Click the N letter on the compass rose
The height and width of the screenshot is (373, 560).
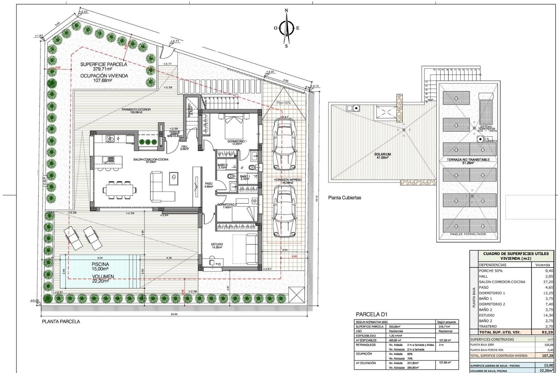[x=286, y=10]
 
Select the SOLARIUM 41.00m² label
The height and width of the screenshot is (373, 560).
[x=382, y=156]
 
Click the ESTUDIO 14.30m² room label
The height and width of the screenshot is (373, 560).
[x=217, y=246]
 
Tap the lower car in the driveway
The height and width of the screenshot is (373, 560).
[x=284, y=212]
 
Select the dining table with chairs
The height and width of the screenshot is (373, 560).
[x=119, y=190]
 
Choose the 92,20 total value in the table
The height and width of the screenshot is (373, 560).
[x=547, y=332]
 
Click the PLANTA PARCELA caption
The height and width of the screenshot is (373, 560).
[x=61, y=321]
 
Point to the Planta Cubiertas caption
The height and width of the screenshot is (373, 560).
[x=344, y=198]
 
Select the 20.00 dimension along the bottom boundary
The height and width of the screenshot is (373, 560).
[x=174, y=314]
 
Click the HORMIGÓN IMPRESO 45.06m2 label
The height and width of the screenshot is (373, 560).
[x=288, y=181]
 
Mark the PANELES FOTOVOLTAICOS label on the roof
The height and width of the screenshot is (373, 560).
[x=468, y=234]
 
